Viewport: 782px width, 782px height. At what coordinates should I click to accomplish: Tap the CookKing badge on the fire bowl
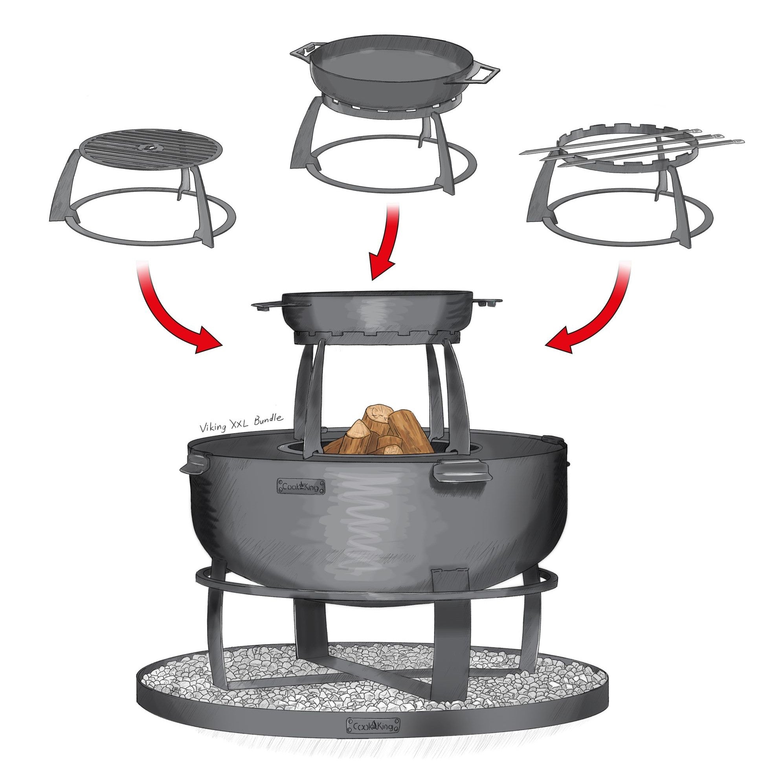(x=301, y=486)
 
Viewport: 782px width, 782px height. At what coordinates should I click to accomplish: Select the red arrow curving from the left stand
(x=174, y=310)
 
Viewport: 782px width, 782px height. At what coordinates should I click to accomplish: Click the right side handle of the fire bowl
(x=461, y=472)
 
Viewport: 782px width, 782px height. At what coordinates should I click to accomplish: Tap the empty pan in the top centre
(x=395, y=75)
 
